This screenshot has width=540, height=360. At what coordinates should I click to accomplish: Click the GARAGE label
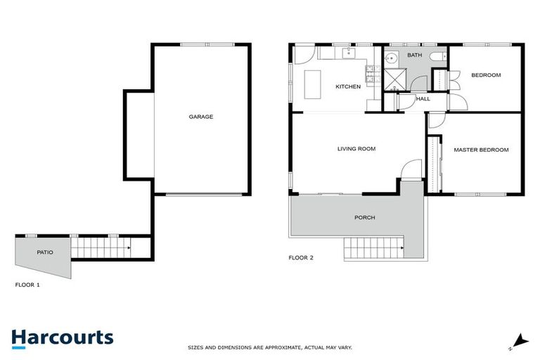(200, 117)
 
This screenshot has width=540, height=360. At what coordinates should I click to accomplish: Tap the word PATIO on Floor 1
(44, 252)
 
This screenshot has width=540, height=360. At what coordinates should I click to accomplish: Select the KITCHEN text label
(347, 86)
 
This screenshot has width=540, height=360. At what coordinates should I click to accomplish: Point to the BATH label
(414, 55)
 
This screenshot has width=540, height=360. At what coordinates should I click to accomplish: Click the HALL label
(423, 99)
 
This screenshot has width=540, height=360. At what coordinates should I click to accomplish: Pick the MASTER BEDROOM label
(481, 150)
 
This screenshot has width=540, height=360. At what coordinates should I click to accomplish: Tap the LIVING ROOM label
(356, 148)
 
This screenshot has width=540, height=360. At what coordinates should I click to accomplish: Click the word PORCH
(364, 218)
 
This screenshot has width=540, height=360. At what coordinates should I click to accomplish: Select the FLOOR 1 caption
(27, 285)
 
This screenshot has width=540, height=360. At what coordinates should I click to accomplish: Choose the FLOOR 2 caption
(301, 258)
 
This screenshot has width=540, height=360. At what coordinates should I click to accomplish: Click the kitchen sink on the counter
(348, 53)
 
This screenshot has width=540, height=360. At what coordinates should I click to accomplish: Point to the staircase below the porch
(372, 249)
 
